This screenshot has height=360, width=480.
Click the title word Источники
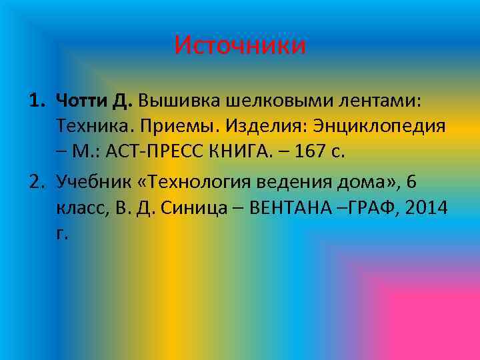point(240,45)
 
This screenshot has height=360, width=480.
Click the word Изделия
point(253,127)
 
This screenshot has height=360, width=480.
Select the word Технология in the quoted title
point(200,182)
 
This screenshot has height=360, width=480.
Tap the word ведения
point(298,182)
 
